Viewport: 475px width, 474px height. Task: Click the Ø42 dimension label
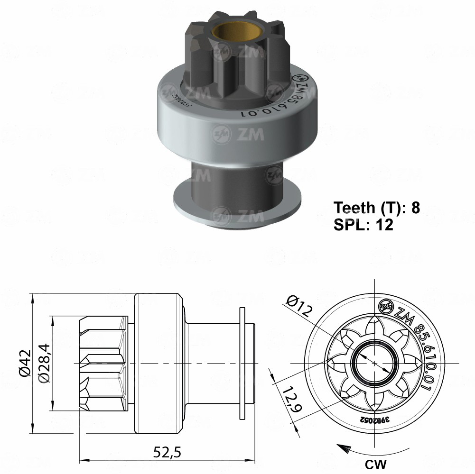(25, 363)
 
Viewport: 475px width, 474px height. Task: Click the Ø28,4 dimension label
(44, 363)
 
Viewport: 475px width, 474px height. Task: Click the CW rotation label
(375, 463)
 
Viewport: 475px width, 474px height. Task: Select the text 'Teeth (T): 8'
(376, 208)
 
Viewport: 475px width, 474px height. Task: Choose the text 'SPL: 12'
(363, 225)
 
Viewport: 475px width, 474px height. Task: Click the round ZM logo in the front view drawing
(385, 308)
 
